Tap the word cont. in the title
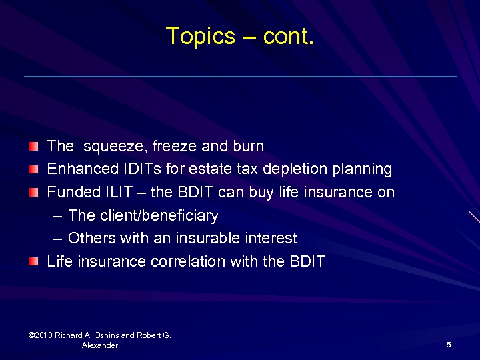click(288, 36)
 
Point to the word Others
click(89, 238)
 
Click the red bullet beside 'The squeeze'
click(34, 146)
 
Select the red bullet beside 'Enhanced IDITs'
click(34, 169)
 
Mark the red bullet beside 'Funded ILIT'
click(34, 192)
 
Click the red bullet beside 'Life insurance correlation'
click(34, 261)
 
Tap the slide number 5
click(449, 345)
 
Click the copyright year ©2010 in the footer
click(41, 335)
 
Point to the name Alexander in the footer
click(100, 345)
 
